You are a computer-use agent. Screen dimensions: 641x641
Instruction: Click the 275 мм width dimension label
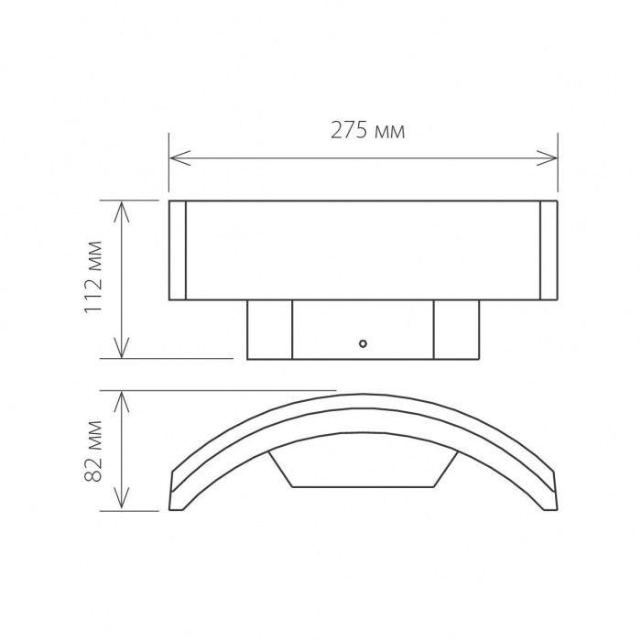coord(367,131)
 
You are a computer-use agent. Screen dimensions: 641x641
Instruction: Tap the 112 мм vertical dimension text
coord(93,280)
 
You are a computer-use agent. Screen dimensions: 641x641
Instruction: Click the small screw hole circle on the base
coord(364,345)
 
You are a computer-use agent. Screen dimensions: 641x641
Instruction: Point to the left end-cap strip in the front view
coord(179,250)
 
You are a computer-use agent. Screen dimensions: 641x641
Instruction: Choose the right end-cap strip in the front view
coord(549,250)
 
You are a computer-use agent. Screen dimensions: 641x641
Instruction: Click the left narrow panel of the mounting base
coord(270,330)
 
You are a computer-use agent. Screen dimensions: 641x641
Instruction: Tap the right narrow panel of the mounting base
coord(456,330)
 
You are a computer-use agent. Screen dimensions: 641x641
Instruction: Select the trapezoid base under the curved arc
coord(364,469)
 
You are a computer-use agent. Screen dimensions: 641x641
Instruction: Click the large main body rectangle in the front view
coord(364,250)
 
